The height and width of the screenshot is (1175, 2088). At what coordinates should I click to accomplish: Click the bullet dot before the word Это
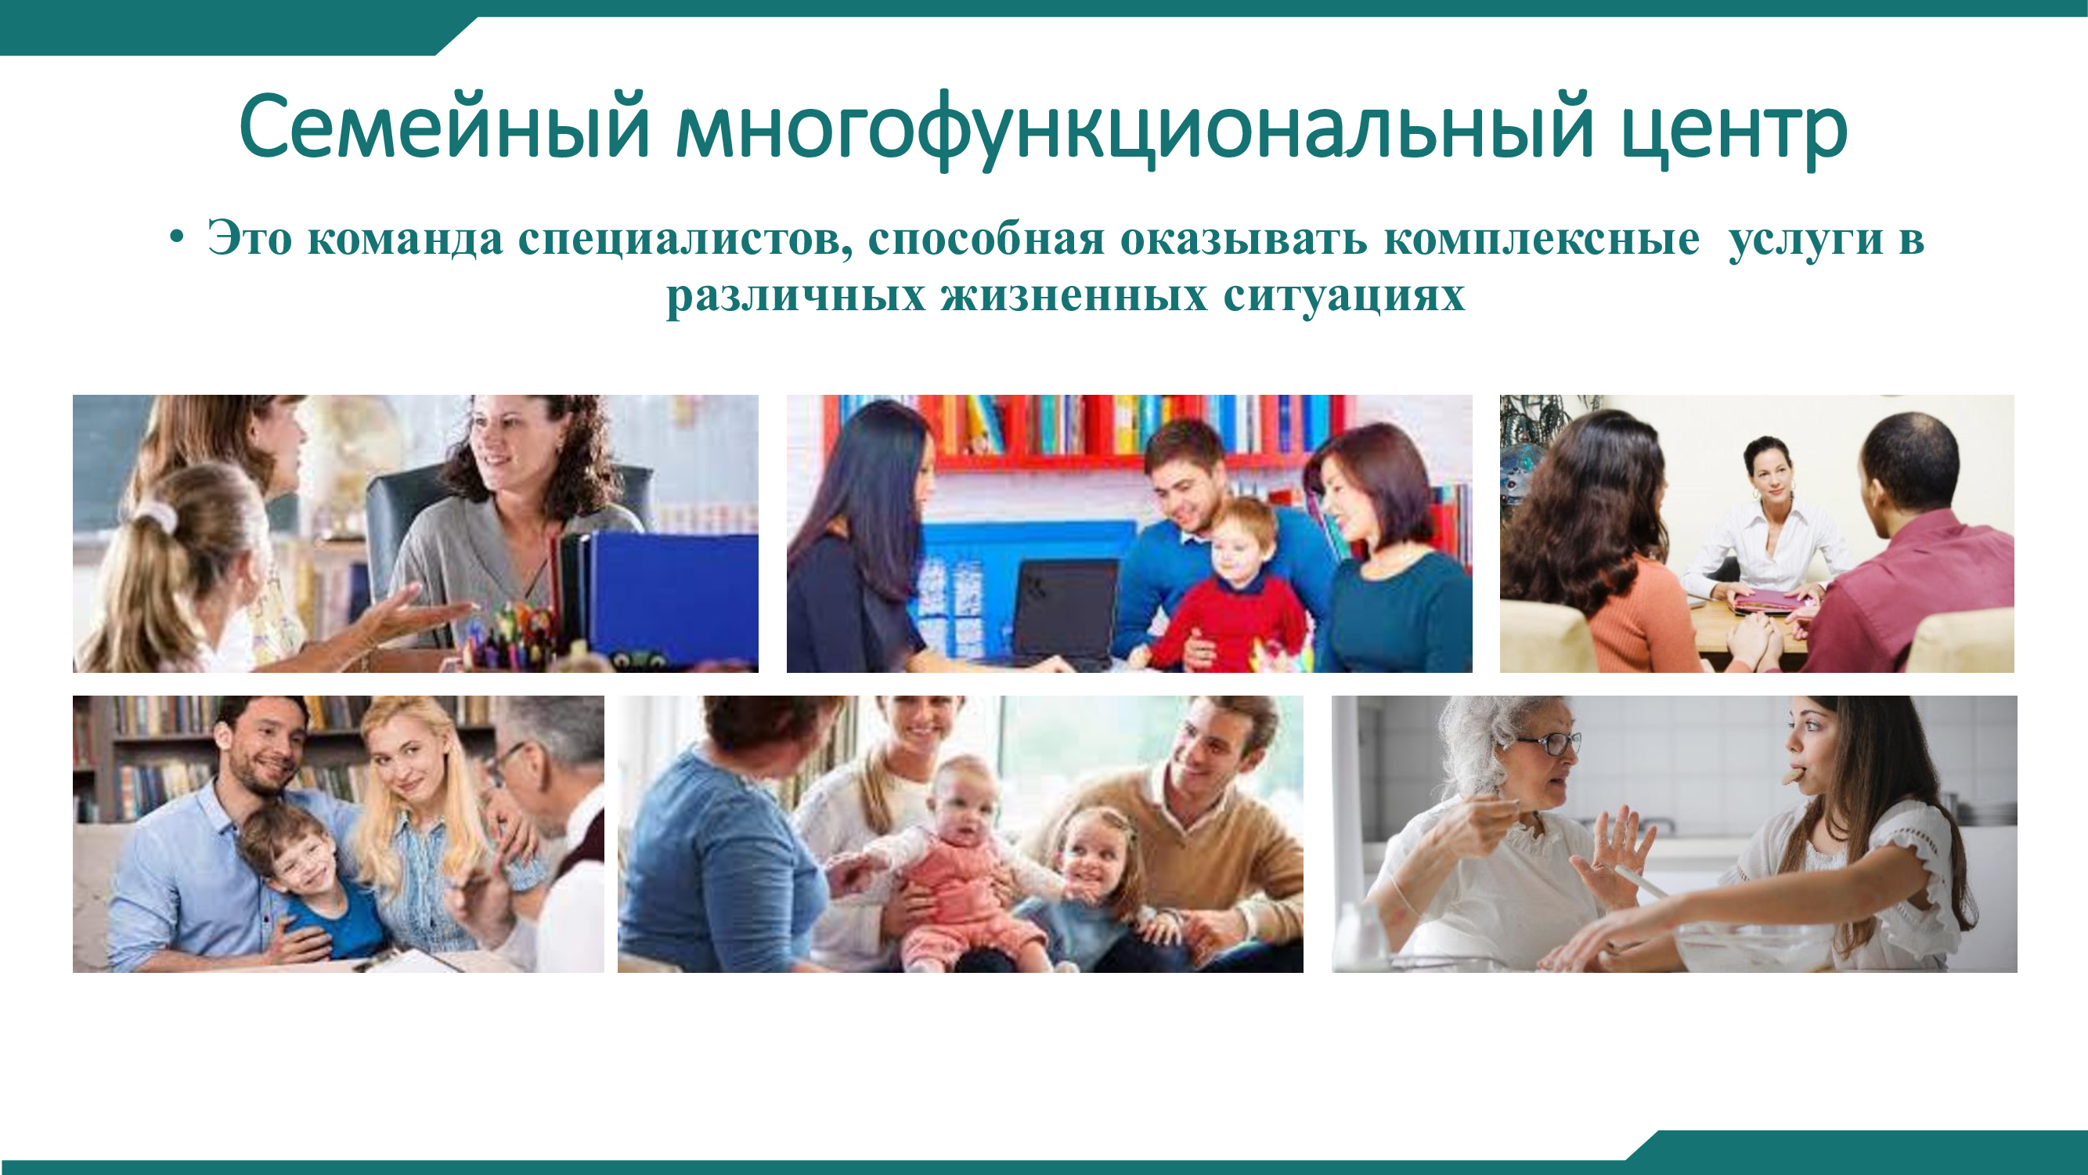pos(177,238)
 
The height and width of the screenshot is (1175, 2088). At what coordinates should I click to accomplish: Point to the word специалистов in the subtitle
pos(685,240)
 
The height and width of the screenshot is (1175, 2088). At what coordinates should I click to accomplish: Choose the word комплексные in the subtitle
pos(1541,240)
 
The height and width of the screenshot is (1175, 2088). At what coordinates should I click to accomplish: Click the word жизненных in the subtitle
pos(1074,295)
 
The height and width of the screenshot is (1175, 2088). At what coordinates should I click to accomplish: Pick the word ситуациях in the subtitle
pos(1344,297)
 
